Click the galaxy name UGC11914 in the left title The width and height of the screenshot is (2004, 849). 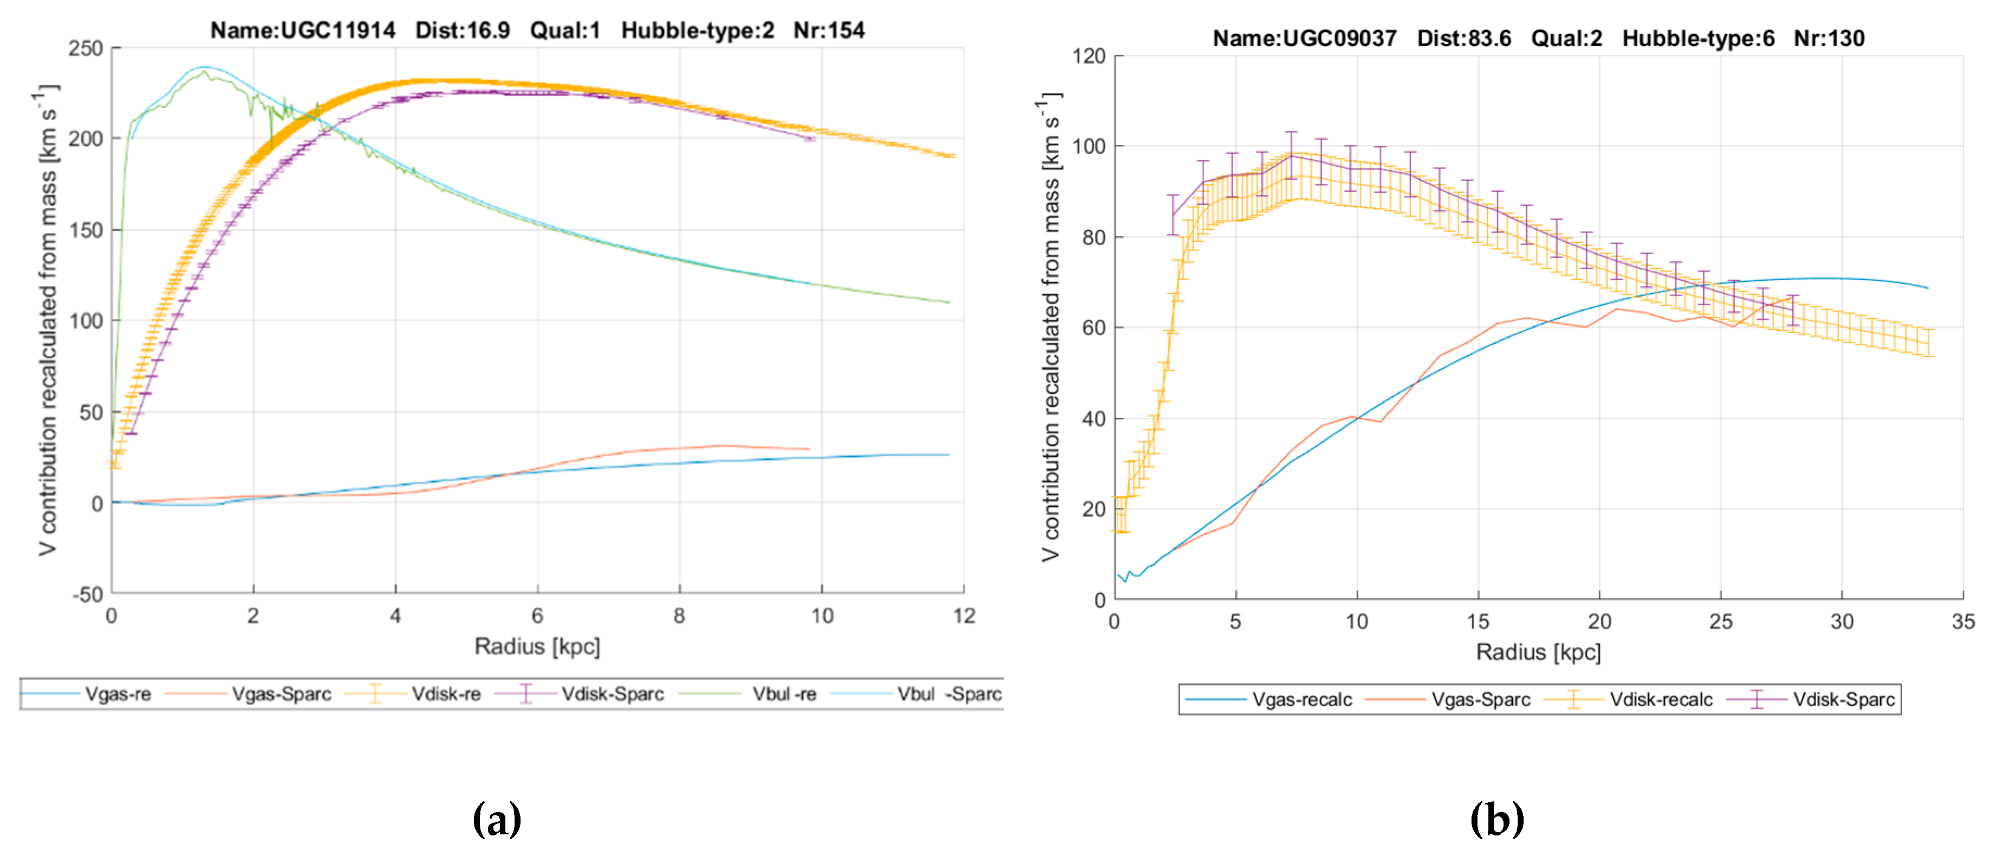click(x=338, y=30)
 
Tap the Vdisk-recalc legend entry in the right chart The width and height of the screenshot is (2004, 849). click(x=1660, y=699)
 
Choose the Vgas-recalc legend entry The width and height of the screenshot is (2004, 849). click(x=1302, y=699)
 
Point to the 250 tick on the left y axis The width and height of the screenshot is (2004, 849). click(x=86, y=48)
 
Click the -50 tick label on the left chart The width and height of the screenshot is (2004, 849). click(x=87, y=595)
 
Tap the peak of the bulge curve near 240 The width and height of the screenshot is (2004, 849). click(x=204, y=68)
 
